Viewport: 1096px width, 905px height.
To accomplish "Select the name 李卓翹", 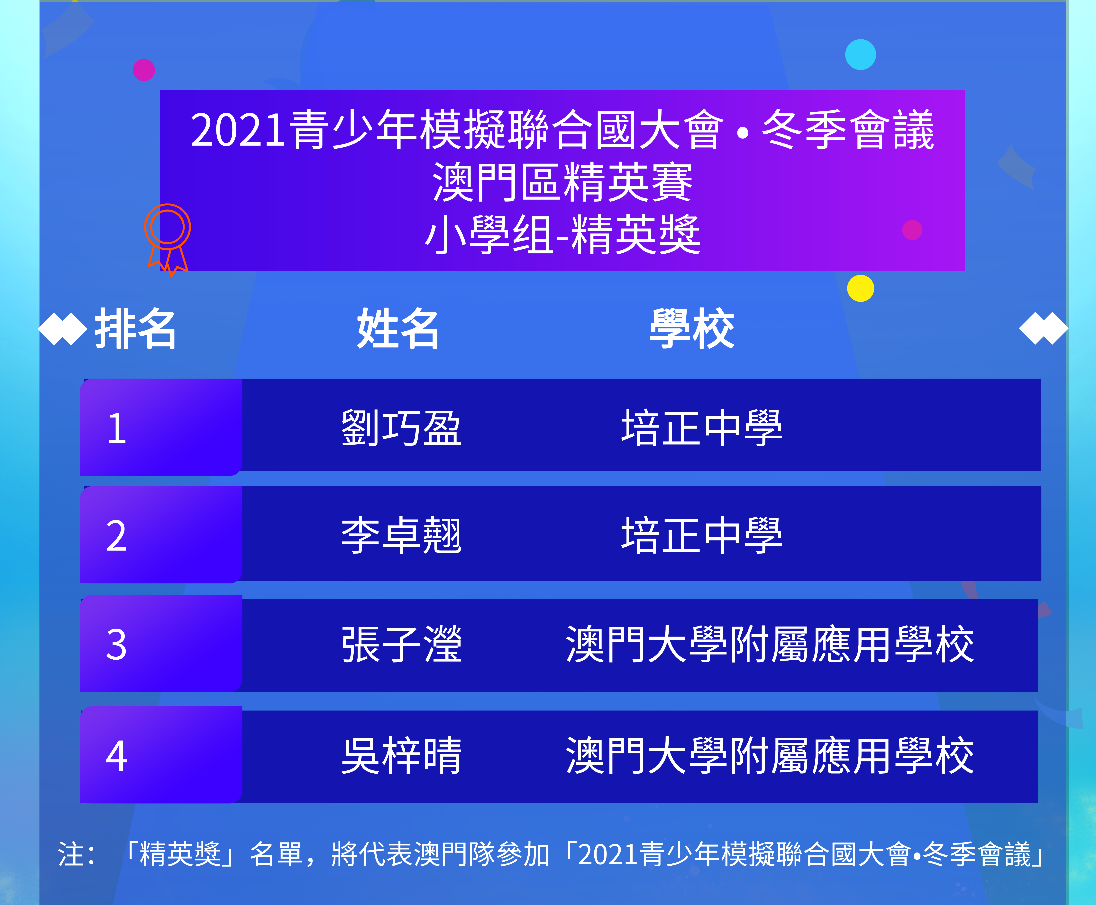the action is pos(401,535).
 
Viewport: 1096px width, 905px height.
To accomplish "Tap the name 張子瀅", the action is pos(401,644).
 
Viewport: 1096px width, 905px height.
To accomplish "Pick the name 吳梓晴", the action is pos(401,755).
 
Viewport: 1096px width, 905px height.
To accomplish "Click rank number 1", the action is pos(117,429).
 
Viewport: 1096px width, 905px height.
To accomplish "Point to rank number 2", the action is pos(117,536).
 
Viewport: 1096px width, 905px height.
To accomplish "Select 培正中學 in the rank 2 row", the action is pos(702,535).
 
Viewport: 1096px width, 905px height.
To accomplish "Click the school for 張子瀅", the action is pos(770,644).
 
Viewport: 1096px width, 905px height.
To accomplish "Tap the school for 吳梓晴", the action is pos(770,755).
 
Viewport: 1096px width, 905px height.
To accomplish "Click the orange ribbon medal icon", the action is pos(167,240).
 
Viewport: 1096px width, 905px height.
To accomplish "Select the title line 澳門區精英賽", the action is pos(563,183).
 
